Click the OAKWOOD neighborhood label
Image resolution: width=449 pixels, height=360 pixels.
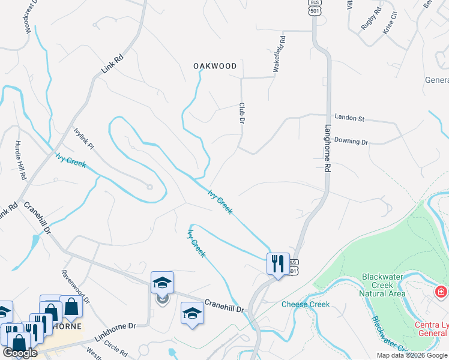215,66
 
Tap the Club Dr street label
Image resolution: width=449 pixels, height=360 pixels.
242,114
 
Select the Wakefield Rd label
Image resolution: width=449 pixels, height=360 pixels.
279,55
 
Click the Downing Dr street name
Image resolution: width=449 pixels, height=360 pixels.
351,142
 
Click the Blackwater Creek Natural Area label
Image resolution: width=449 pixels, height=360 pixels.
383,285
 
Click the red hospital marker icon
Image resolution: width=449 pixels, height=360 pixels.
441,292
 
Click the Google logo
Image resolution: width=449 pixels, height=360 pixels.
20,352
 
